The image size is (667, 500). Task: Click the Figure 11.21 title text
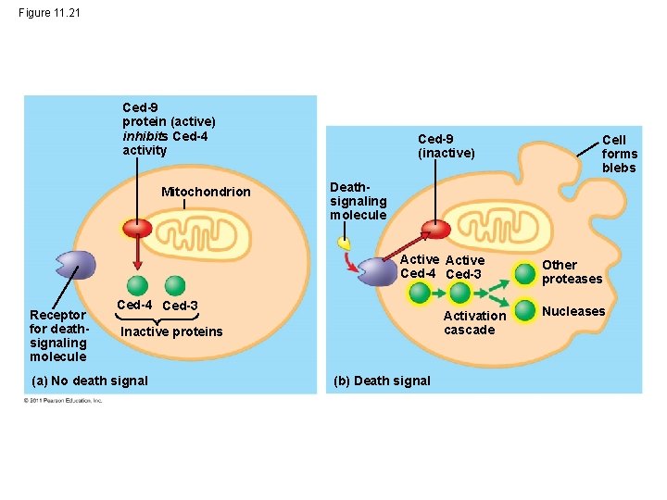[x=49, y=13]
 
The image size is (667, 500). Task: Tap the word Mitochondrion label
[x=206, y=192]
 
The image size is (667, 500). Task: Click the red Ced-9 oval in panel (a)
[x=138, y=229]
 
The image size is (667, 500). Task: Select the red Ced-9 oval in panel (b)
[x=435, y=230]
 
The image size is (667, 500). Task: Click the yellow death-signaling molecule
[x=344, y=244]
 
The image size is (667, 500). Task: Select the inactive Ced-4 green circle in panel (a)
[x=137, y=285]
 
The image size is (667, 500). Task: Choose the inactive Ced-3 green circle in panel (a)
[x=175, y=285]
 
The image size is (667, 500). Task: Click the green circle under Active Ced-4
[x=420, y=294]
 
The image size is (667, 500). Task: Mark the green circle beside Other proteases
[x=525, y=271]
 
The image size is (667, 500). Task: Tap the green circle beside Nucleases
[x=525, y=309]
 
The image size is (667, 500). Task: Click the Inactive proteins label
[x=172, y=331]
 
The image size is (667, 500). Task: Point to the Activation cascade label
[x=474, y=322]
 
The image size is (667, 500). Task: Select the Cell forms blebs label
[x=619, y=154]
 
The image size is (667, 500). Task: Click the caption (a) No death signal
[x=90, y=380]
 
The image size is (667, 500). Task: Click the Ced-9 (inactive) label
[x=446, y=145]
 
